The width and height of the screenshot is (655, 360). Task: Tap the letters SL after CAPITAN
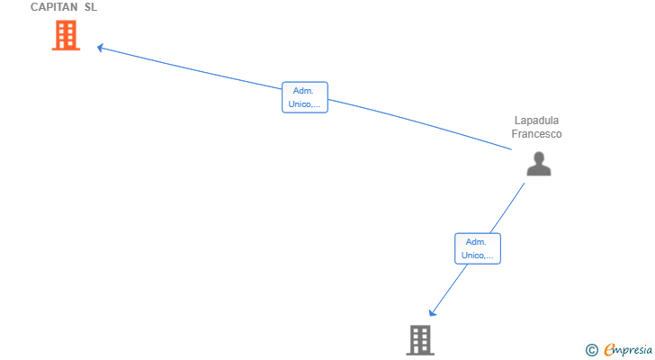tap(91, 7)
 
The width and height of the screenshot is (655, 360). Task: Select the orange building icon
tap(66, 35)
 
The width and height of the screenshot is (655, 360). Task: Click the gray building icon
tap(420, 339)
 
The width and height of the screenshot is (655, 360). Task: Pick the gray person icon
tap(538, 164)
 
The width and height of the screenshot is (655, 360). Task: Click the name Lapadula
tap(537, 121)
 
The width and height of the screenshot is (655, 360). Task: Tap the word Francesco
tap(537, 134)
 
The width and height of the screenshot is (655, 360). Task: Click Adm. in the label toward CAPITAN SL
tap(304, 91)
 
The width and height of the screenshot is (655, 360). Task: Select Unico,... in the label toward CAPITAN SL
tap(304, 104)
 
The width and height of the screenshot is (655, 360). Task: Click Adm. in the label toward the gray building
tap(477, 242)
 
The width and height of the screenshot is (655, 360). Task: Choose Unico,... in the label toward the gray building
tap(477, 256)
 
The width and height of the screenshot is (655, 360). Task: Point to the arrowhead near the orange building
tap(101, 48)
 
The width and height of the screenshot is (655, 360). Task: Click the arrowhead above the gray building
tap(432, 313)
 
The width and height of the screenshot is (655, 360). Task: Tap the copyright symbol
tap(591, 350)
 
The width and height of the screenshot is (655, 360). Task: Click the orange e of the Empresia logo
tap(609, 350)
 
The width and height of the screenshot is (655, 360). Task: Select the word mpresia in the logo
tap(633, 349)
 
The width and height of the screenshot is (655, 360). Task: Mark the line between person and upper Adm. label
tap(423, 123)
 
